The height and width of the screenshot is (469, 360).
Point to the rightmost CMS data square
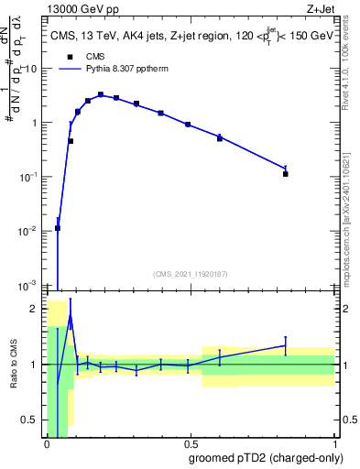tap(286, 173)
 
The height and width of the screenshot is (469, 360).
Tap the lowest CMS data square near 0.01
tap(58, 228)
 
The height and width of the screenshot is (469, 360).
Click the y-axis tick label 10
tap(31, 69)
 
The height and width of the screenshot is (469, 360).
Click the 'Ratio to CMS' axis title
tap(14, 365)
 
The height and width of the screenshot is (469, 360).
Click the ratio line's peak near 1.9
tap(70, 314)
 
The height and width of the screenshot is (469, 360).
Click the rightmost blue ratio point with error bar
tap(286, 345)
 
